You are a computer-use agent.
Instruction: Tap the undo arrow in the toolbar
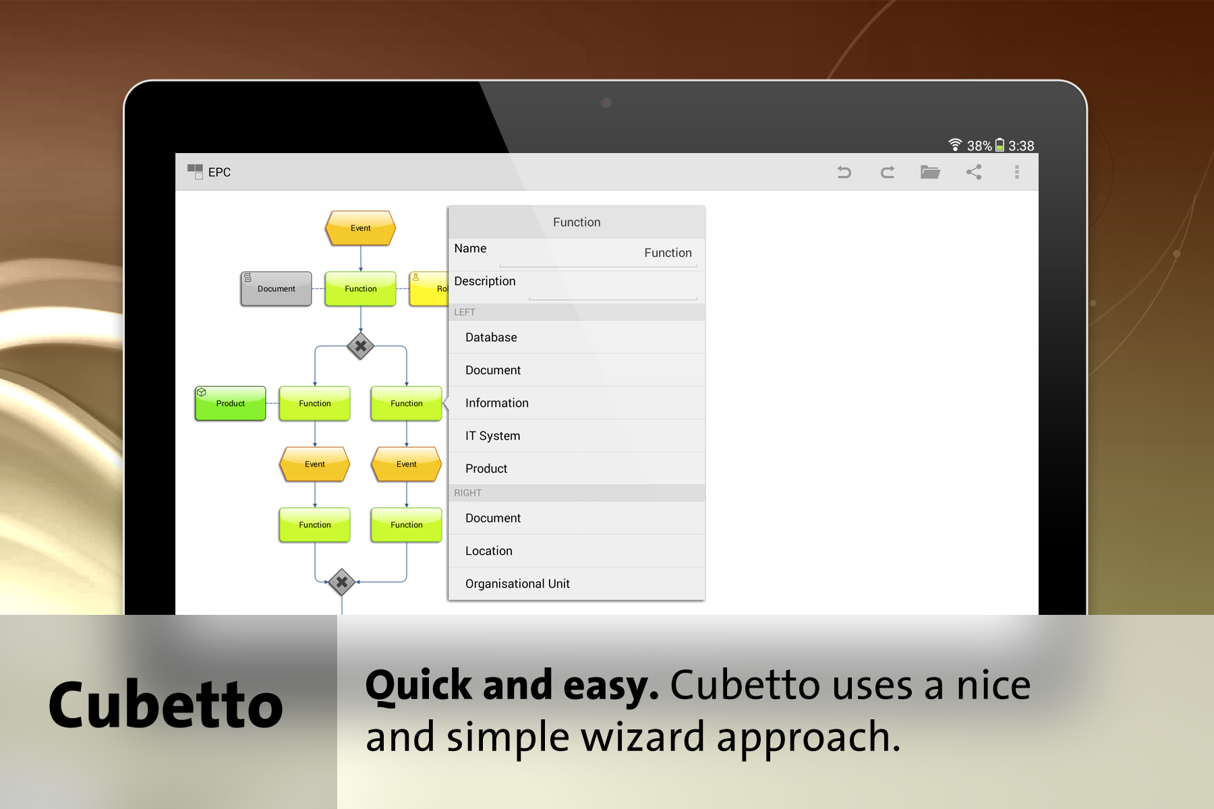(844, 173)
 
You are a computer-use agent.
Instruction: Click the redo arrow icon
(888, 173)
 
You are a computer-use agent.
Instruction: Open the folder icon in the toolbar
(930, 172)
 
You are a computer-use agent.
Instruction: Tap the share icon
(974, 172)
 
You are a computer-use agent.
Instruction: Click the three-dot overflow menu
(1017, 172)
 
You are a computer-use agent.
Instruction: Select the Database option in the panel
(491, 337)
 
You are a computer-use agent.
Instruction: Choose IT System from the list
(492, 436)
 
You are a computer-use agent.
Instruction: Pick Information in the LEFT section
(496, 402)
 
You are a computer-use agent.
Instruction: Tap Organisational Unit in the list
(517, 583)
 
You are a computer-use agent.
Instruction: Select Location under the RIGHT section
(488, 551)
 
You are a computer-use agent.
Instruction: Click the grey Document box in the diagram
(276, 289)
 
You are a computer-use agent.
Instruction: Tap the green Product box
(230, 403)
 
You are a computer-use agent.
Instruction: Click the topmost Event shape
(360, 228)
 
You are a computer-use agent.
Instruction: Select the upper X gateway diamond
(361, 346)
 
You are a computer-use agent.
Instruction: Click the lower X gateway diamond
(342, 581)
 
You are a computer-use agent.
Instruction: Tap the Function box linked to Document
(360, 289)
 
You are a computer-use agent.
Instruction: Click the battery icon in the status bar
(1000, 145)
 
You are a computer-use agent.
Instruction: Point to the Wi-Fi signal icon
(955, 144)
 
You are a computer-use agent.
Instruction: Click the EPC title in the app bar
(219, 172)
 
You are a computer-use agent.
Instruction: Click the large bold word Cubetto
(166, 705)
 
